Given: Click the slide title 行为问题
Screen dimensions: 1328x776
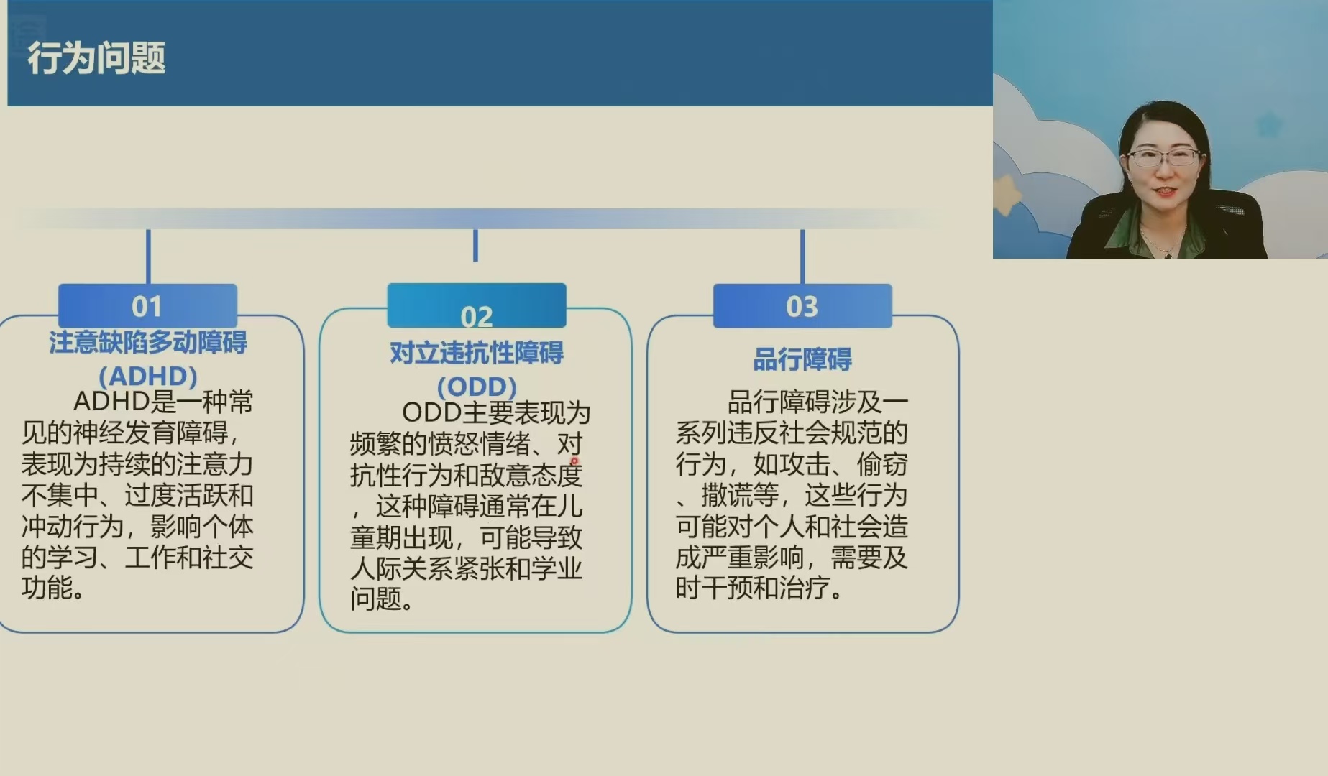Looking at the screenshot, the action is (96, 58).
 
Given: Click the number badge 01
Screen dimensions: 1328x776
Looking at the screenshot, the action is (147, 306).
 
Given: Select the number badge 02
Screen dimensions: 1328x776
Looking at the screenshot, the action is (477, 305).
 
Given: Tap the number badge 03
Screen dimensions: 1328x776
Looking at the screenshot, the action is (802, 306).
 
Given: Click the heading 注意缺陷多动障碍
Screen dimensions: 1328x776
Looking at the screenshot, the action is (148, 343).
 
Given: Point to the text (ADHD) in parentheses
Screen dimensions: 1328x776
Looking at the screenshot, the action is (148, 376).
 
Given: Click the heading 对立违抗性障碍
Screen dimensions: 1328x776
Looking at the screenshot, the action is (477, 353).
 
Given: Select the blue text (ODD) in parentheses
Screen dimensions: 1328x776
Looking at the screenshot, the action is (477, 387).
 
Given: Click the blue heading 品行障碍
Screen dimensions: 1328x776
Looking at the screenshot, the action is (802, 359).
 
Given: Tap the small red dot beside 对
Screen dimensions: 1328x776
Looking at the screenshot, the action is (574, 461).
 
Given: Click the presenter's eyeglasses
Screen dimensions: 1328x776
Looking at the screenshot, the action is (1163, 156).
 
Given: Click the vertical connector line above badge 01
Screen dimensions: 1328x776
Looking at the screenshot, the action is (148, 257).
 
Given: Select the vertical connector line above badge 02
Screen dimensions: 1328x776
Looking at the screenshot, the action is (475, 245).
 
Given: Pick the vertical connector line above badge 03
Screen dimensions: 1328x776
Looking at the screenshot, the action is (802, 257).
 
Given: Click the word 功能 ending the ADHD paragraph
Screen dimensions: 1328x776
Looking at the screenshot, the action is (47, 588).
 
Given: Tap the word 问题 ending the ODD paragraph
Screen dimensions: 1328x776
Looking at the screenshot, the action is (376, 599).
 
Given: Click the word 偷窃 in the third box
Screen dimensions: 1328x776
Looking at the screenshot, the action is (882, 464).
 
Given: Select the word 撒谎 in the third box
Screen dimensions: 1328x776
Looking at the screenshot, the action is (727, 495).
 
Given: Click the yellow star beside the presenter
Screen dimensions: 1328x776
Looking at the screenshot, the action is (1007, 193).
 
